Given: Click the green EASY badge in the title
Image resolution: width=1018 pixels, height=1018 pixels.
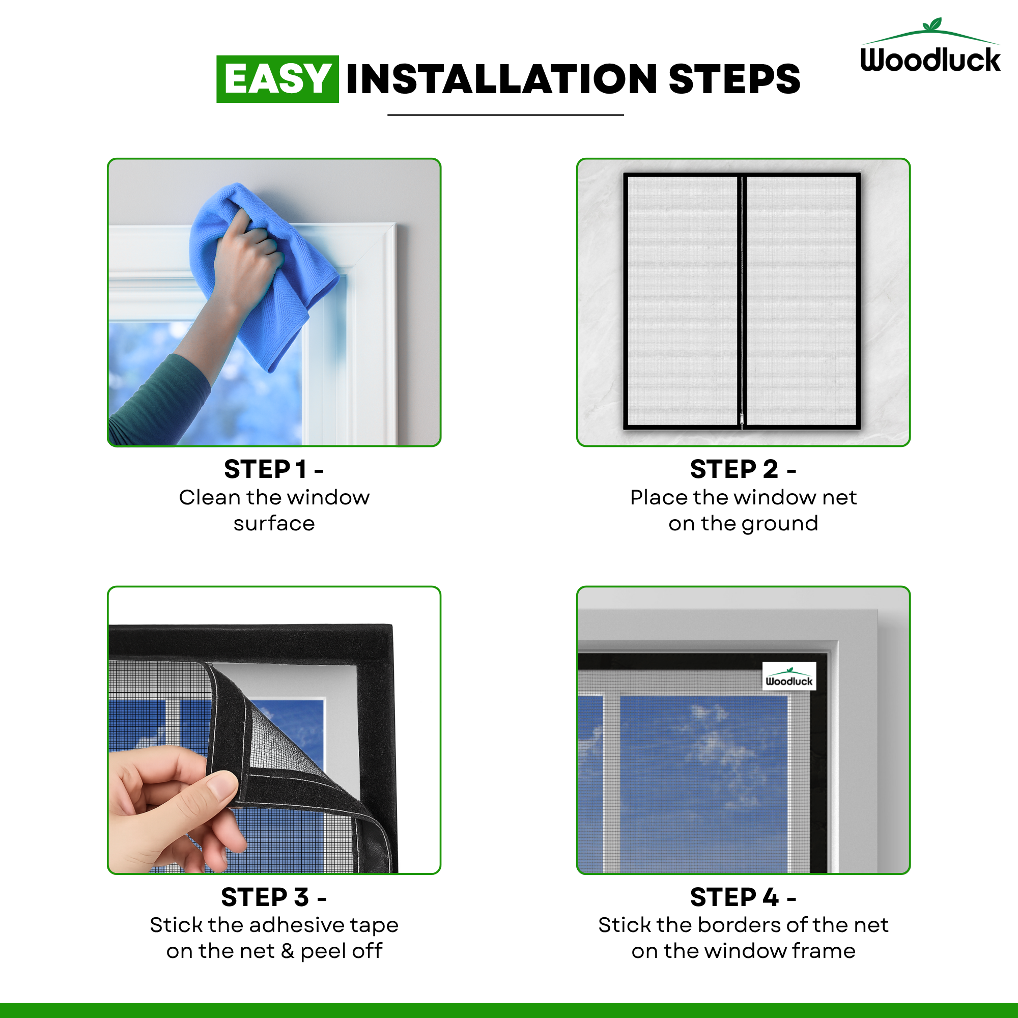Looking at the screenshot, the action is click(x=278, y=79).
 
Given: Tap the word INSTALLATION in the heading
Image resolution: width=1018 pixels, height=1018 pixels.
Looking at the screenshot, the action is click(x=502, y=79).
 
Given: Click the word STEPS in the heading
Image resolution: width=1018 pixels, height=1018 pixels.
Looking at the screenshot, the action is click(x=734, y=79).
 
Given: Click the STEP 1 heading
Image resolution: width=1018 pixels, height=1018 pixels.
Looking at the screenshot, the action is click(x=273, y=469).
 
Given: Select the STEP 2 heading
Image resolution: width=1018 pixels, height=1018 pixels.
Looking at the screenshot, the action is click(x=743, y=469).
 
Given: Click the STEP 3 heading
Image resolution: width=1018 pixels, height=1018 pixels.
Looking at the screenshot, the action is click(x=274, y=897).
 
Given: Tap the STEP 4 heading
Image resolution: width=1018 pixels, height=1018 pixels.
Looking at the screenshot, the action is click(x=743, y=897).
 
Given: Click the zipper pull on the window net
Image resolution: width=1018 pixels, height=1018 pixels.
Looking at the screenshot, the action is click(x=742, y=419).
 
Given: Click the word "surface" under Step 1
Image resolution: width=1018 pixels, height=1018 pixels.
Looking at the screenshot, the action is click(x=274, y=524).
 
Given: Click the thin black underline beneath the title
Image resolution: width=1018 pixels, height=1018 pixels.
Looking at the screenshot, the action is click(x=505, y=115).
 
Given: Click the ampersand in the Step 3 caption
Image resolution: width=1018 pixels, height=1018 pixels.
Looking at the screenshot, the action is click(x=287, y=951).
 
